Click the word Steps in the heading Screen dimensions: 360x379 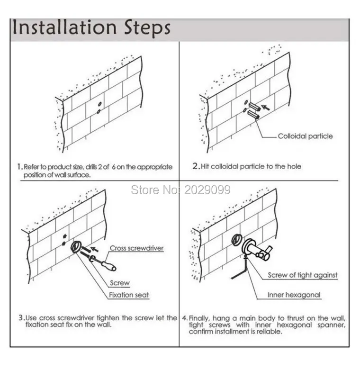click(x=147, y=28)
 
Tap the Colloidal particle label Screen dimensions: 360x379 click(x=305, y=136)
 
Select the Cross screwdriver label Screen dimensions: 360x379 click(x=136, y=248)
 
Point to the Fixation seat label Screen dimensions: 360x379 click(x=129, y=295)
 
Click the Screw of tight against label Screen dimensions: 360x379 click(x=303, y=275)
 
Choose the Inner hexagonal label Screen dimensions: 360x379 click(x=294, y=295)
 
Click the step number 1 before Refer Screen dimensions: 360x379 click(x=19, y=167)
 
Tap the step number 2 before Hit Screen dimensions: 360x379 click(x=195, y=166)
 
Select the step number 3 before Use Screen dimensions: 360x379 click(x=21, y=317)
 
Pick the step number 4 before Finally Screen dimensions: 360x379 click(x=185, y=318)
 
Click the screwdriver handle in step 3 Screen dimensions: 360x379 click(x=109, y=265)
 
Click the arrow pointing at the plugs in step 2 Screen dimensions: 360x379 click(x=265, y=107)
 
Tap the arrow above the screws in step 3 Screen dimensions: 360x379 click(x=94, y=249)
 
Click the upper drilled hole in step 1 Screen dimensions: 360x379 click(x=100, y=104)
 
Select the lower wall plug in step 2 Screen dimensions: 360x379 click(x=253, y=115)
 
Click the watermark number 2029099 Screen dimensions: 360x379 click(x=207, y=190)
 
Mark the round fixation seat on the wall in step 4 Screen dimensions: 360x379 click(x=236, y=240)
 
